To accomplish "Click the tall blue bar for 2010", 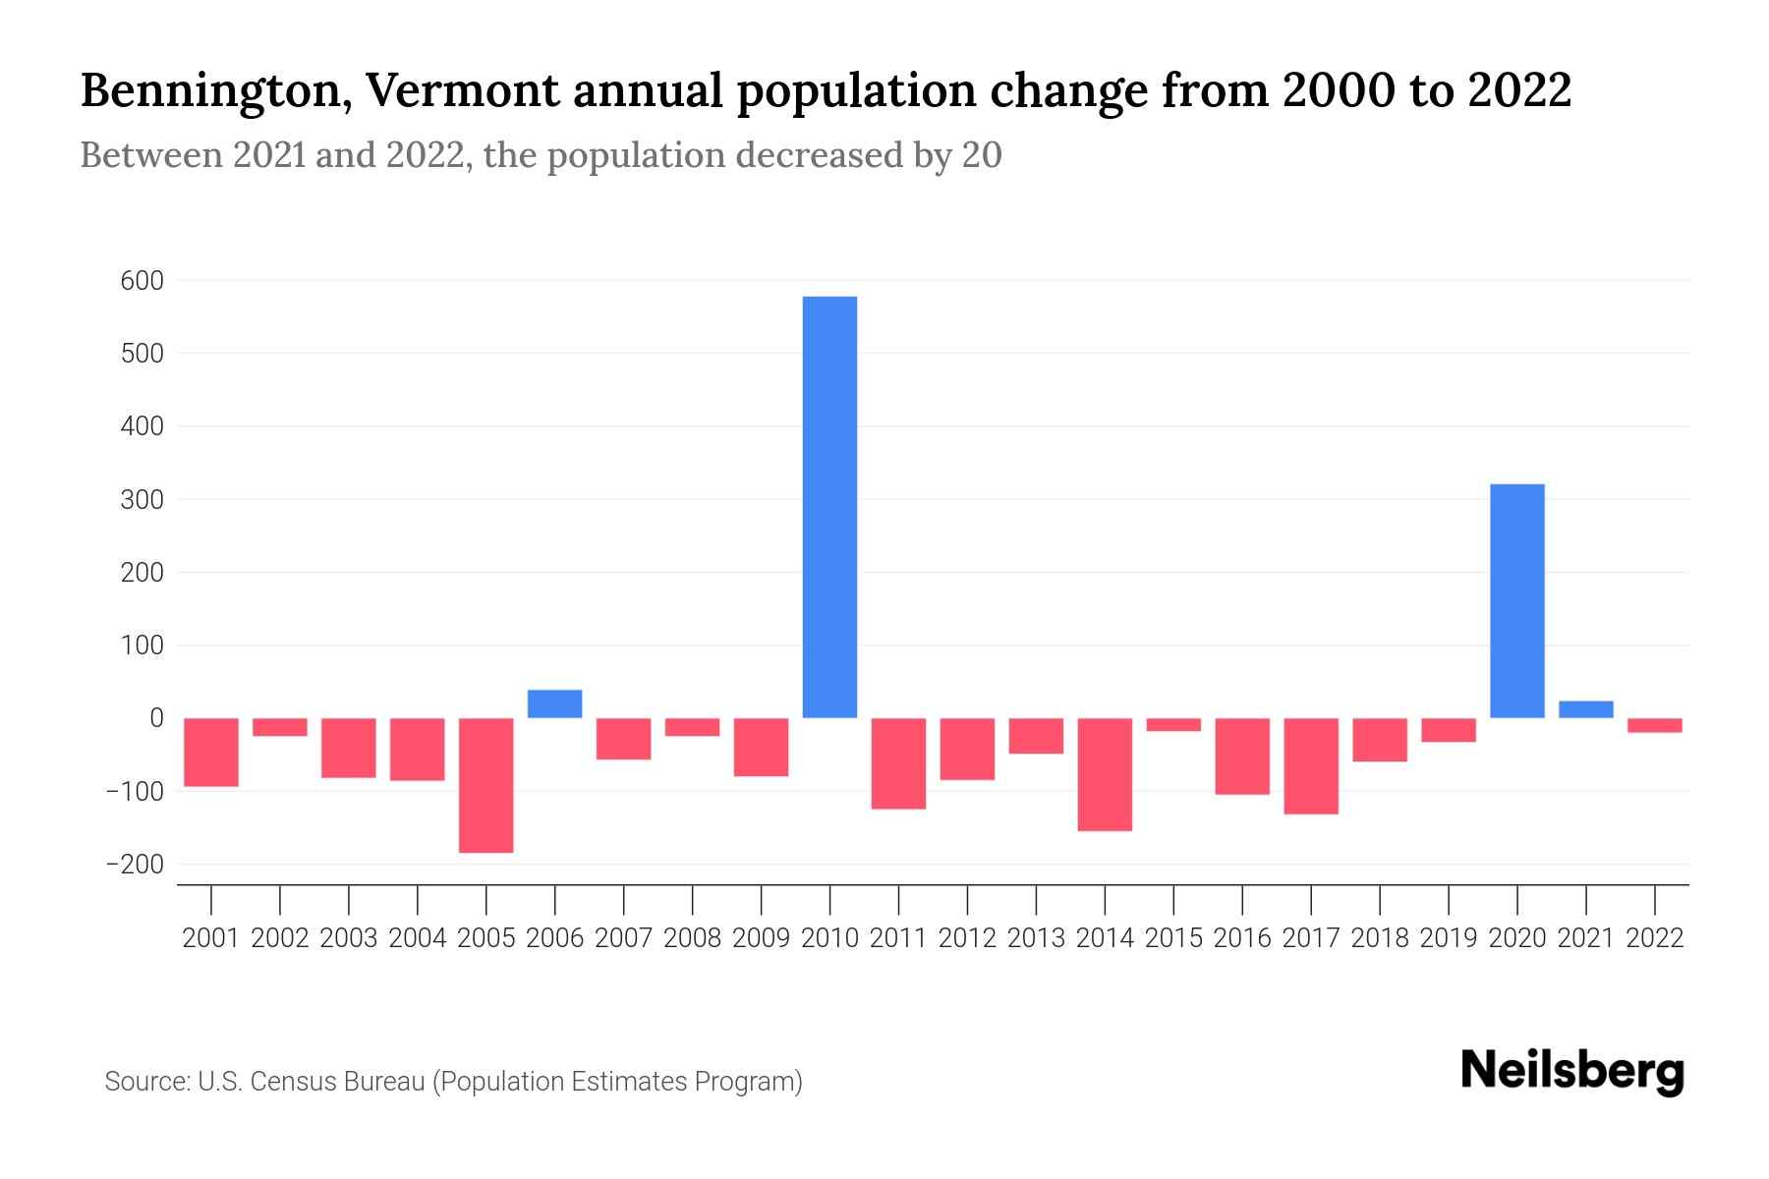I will (829, 506).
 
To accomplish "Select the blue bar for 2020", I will (1516, 600).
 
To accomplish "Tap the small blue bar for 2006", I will (554, 703).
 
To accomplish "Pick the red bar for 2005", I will (485, 784).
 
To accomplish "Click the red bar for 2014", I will (1105, 773).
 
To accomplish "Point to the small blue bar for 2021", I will (1585, 709).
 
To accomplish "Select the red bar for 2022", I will (1654, 725).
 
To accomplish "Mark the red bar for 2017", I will (1310, 765).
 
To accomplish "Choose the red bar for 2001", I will (211, 752).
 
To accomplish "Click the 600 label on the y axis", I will (143, 281).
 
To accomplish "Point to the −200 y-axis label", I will (135, 865).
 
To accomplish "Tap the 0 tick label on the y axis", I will (156, 718).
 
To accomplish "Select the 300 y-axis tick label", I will (143, 499).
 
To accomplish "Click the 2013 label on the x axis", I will (1036, 938).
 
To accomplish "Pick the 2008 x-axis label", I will (692, 938).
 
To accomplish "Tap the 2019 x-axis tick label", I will (1448, 938).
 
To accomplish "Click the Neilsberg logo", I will (1572, 1071).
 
